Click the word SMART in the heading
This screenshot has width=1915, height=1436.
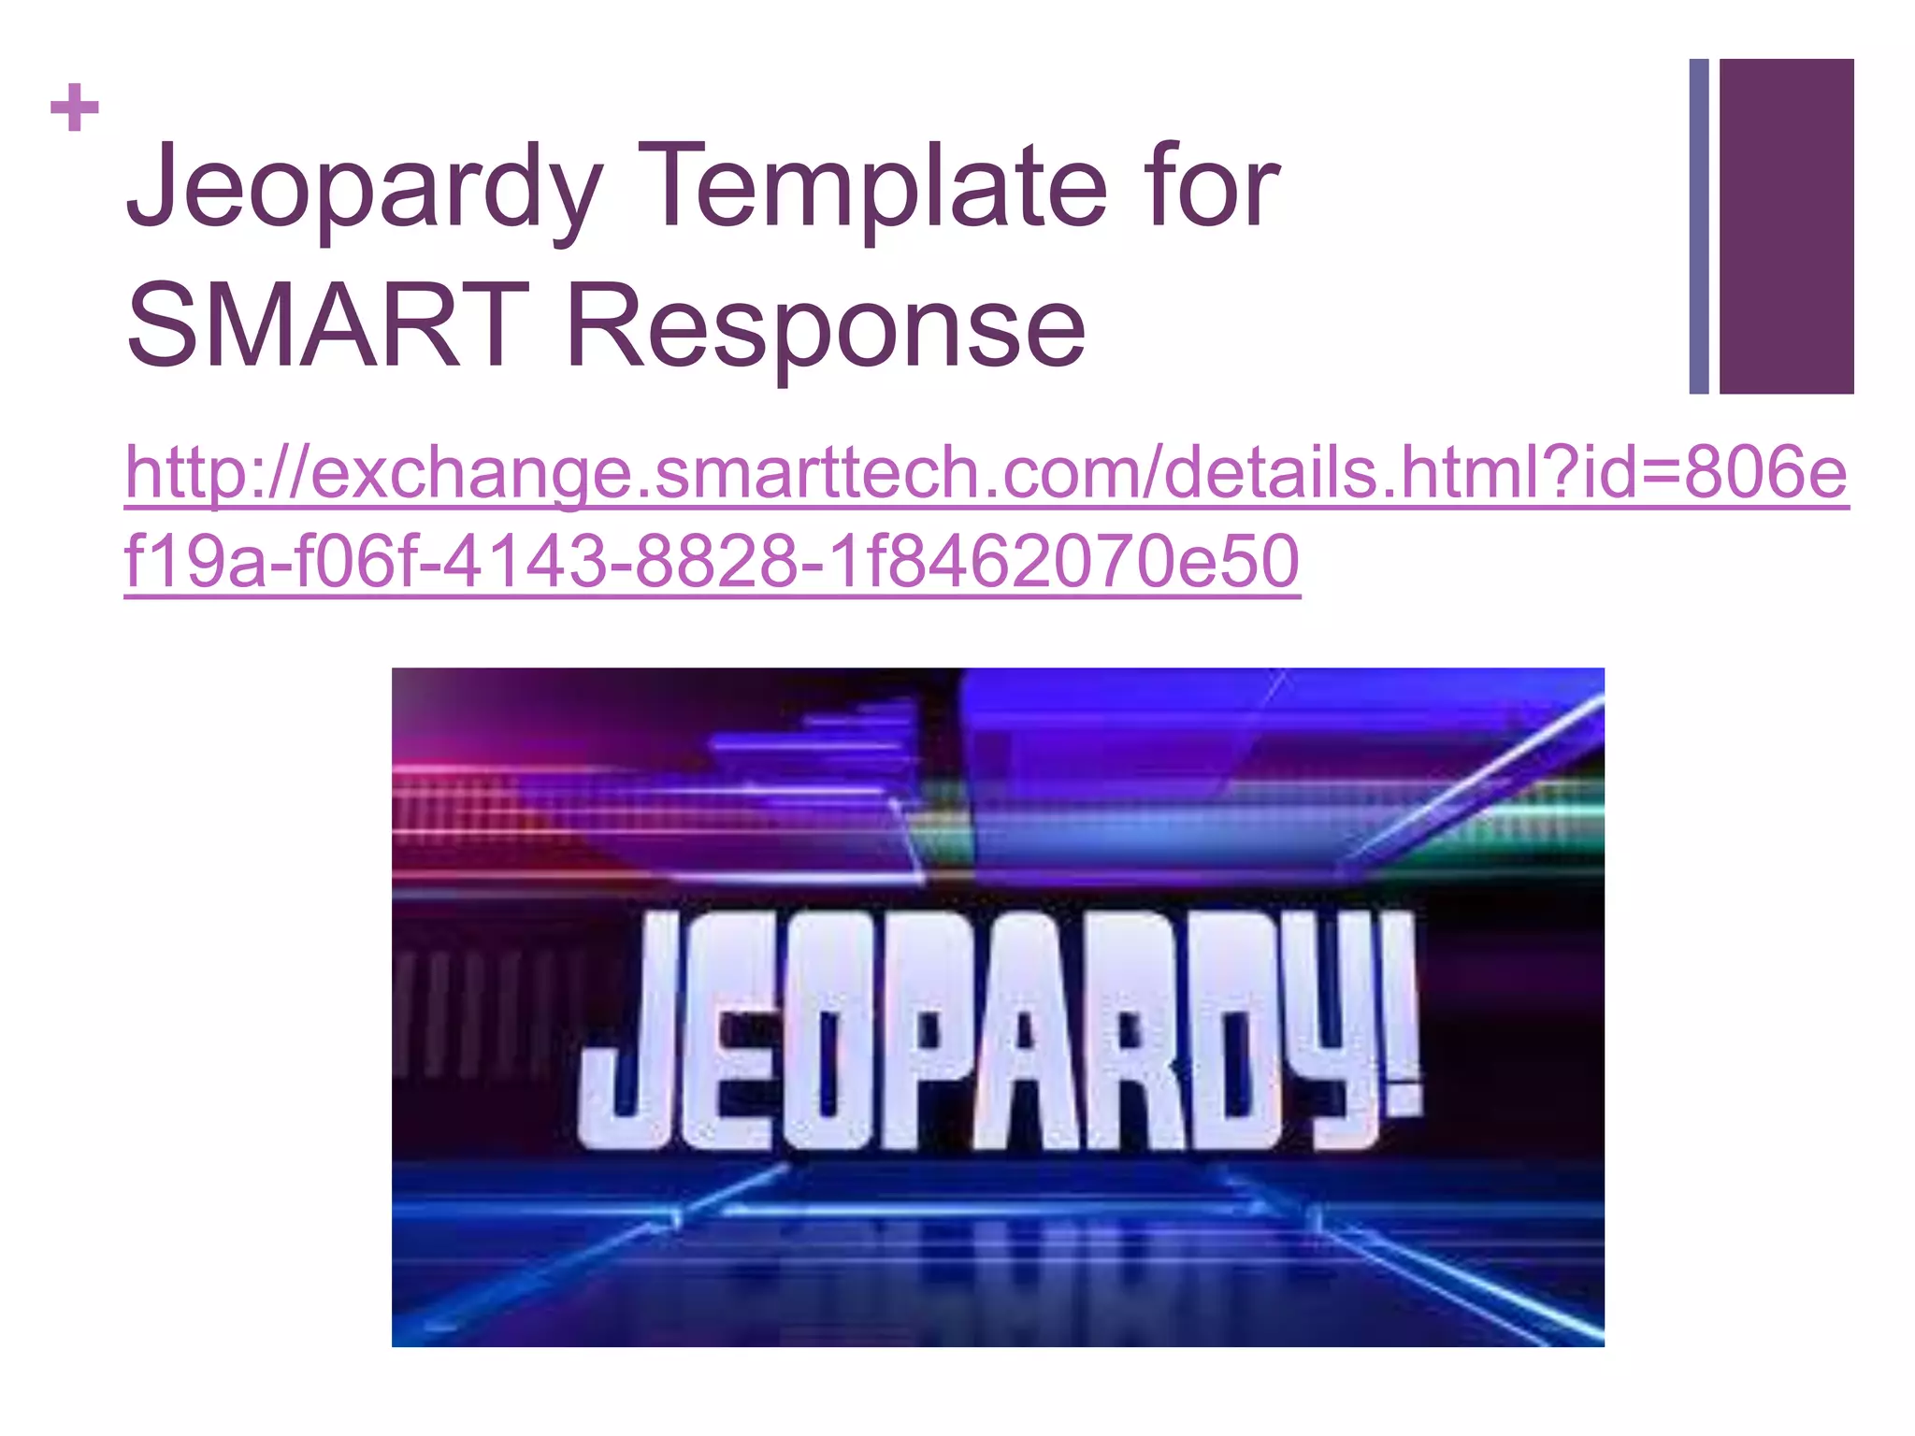pos(327,326)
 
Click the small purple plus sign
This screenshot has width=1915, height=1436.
pos(75,108)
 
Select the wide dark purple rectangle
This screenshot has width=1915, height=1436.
pos(1786,226)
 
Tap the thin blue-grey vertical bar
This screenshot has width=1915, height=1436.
pos(1698,226)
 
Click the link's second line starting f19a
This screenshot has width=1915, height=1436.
pos(711,561)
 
